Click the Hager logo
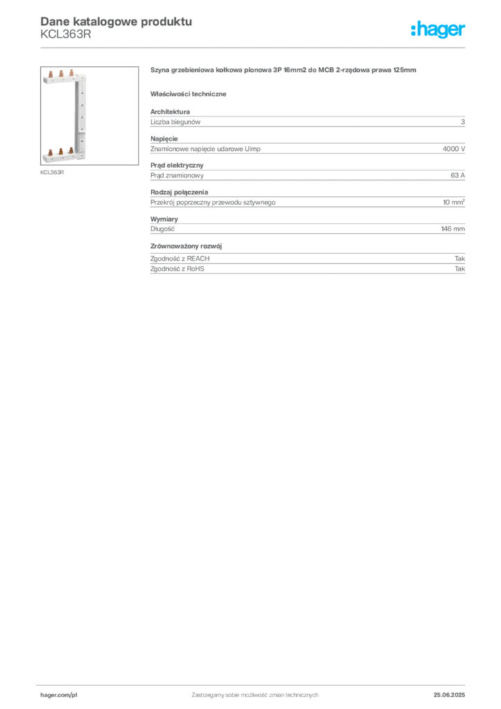[x=437, y=30]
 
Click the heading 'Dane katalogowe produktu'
[x=116, y=21]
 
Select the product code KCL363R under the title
[x=66, y=35]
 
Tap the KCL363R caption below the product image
[x=52, y=172]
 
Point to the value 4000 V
[x=453, y=149]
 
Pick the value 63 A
[x=457, y=175]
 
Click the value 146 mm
[x=453, y=228]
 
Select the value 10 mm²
[x=453, y=202]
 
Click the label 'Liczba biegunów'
[x=175, y=122]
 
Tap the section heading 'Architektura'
[x=170, y=111]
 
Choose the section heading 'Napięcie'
[x=164, y=138]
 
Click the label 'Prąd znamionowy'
[x=177, y=175]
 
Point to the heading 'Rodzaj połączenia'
[x=179, y=192]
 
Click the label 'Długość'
[x=162, y=228]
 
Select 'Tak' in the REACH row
[x=460, y=259]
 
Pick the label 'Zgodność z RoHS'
[x=177, y=269]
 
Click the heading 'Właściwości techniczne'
[x=188, y=94]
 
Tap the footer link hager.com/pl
[x=59, y=695]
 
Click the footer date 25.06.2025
[x=449, y=695]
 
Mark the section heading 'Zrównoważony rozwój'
[x=186, y=246]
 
